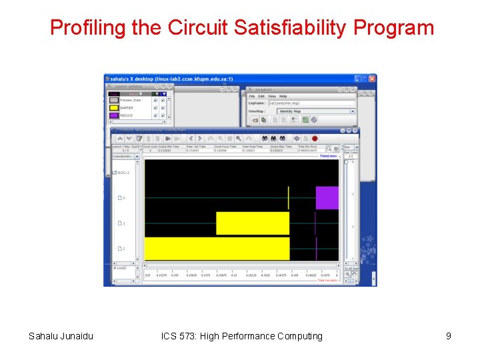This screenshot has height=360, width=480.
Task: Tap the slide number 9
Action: [449, 336]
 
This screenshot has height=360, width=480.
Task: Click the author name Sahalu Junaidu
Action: [61, 336]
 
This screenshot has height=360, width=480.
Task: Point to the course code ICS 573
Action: [182, 336]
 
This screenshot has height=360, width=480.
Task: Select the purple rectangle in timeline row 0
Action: [327, 198]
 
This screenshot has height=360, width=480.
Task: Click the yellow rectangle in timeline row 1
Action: [253, 223]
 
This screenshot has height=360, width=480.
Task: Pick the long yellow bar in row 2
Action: [217, 249]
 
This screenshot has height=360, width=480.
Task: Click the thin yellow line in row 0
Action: [288, 198]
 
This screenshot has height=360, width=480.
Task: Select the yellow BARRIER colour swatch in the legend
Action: [114, 107]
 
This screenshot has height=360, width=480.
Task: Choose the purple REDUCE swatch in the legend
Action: [114, 115]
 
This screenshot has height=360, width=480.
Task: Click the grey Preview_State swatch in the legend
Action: [114, 100]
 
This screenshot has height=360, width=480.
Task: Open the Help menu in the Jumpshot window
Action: [283, 96]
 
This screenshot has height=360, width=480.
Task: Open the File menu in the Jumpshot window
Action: [252, 96]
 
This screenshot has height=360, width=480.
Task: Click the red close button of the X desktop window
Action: [372, 79]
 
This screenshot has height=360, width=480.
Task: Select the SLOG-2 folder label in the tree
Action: [123, 173]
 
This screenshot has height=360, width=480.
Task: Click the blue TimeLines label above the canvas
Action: [328, 156]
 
